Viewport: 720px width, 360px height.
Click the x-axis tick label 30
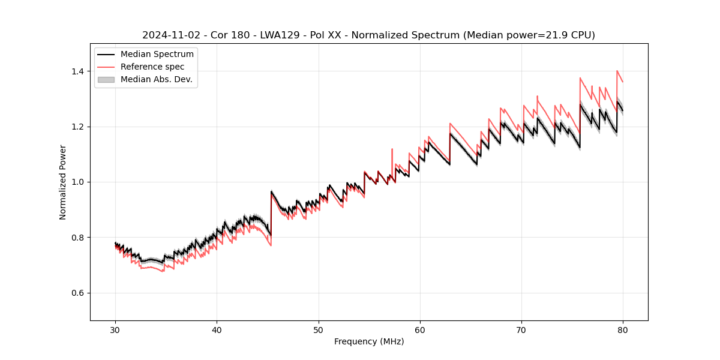tap(115, 329)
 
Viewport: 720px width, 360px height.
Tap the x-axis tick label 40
tap(217, 329)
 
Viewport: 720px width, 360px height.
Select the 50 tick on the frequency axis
tap(318, 329)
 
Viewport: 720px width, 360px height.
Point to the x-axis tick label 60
tap(419, 329)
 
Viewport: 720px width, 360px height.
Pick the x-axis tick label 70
tap(521, 329)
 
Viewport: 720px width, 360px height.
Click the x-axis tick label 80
tap(623, 329)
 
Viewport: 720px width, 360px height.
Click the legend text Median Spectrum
tap(157, 55)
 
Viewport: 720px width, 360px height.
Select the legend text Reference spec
tap(152, 67)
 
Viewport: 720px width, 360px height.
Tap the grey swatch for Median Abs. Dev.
tap(106, 79)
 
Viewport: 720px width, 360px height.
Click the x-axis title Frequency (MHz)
tap(369, 342)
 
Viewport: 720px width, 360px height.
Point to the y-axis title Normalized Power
tap(63, 182)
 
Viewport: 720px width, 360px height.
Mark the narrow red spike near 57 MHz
tap(392, 149)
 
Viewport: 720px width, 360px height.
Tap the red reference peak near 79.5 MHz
tap(617, 71)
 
